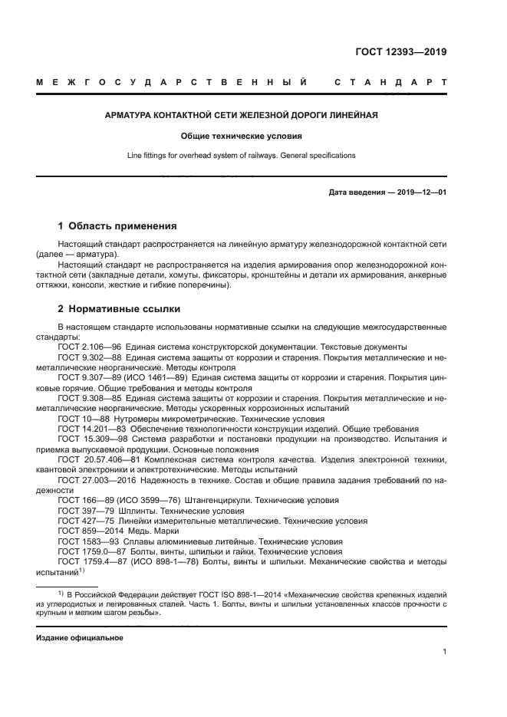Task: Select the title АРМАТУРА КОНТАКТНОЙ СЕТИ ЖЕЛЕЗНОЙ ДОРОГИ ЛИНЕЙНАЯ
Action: point(241,115)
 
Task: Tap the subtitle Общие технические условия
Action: point(241,136)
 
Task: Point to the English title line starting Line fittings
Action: point(241,155)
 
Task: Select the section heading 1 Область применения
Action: point(117,226)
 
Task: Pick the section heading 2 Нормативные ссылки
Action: point(119,309)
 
